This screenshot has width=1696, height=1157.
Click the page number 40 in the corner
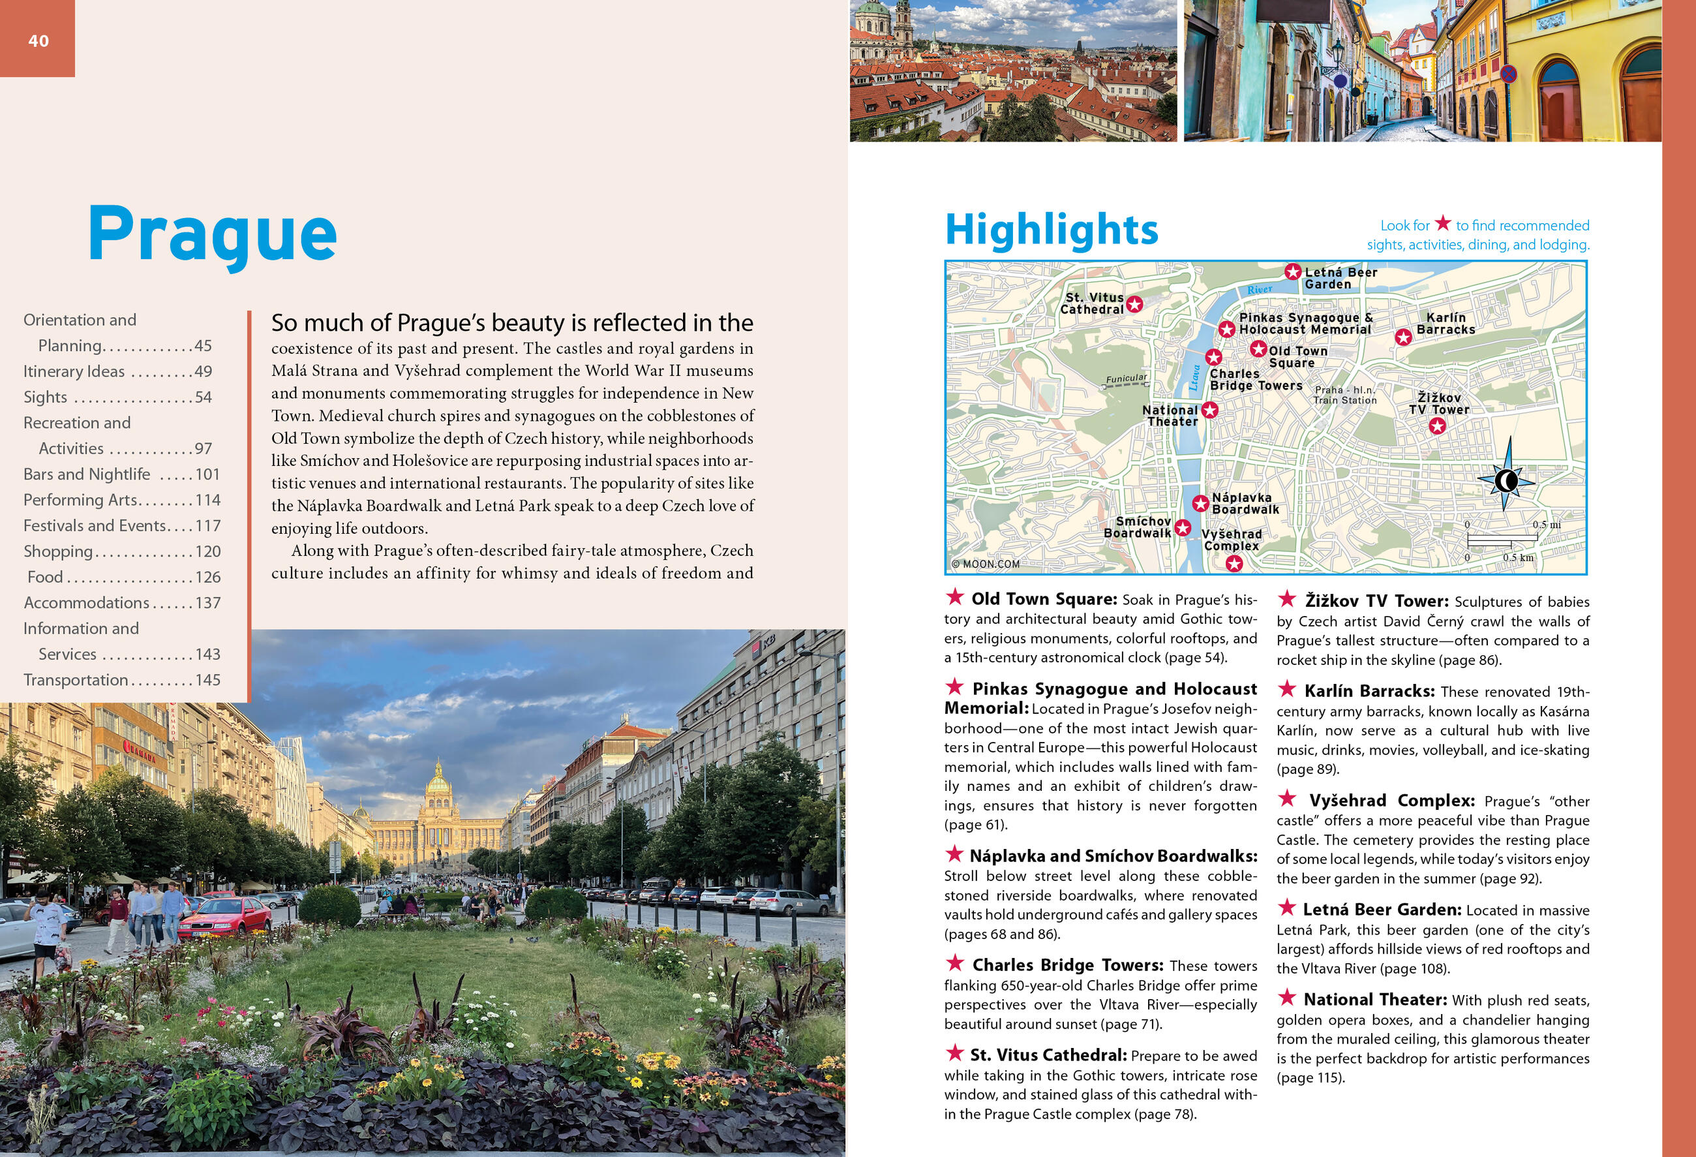(38, 41)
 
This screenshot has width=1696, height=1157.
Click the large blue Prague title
(213, 234)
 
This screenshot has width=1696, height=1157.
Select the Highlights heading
(1051, 229)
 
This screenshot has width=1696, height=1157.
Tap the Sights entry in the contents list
(45, 397)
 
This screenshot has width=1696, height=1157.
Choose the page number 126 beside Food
(207, 578)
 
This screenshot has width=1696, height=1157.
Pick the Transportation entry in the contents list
(76, 679)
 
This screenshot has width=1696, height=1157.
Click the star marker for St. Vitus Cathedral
(1134, 304)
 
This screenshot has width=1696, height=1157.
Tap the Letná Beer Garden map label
(1340, 278)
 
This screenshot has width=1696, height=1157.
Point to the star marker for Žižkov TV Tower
(1437, 426)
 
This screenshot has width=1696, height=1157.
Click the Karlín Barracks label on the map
(1445, 324)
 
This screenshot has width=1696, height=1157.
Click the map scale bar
(1502, 541)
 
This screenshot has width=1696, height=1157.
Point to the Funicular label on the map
(1126, 379)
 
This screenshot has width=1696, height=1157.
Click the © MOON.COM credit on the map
(985, 564)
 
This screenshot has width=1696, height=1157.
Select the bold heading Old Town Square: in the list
(1044, 599)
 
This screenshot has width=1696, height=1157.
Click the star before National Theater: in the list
(1287, 998)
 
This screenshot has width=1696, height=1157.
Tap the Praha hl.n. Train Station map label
(1345, 395)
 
